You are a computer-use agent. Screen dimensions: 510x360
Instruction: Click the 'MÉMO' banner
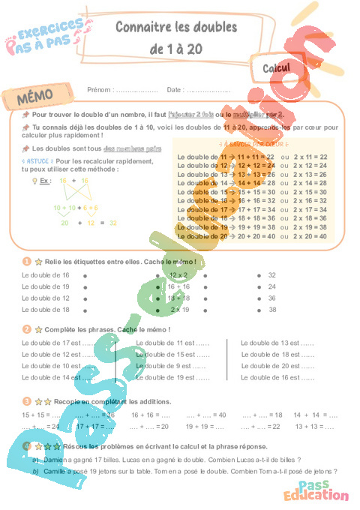(36, 99)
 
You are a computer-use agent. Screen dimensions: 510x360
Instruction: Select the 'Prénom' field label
(100, 90)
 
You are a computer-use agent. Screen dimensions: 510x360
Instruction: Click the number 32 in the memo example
(113, 223)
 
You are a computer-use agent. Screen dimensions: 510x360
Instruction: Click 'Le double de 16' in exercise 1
(46, 275)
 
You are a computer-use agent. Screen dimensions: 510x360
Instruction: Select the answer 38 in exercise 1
(272, 309)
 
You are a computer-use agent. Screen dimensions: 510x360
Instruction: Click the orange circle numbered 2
(26, 328)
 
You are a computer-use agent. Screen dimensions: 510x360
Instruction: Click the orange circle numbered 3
(26, 401)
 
